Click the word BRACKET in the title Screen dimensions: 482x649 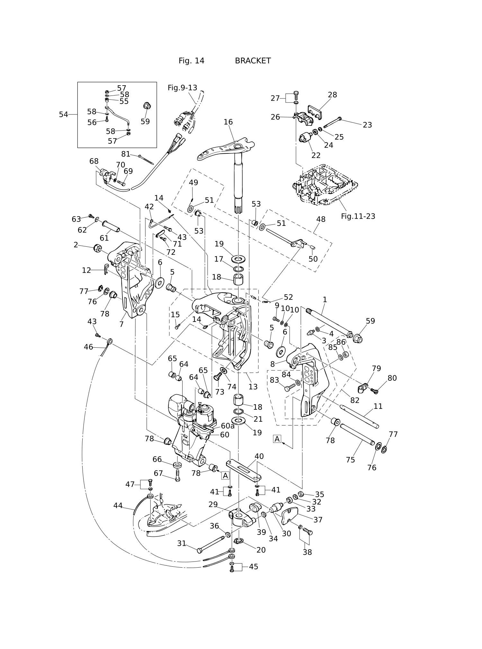[253, 61]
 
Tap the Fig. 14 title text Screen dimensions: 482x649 [191, 61]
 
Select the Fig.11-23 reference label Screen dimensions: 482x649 [358, 216]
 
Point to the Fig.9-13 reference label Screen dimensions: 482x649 [182, 88]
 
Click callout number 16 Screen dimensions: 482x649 [228, 122]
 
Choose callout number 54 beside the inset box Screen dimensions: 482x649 [63, 114]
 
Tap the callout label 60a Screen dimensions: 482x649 [228, 426]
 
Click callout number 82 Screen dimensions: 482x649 [355, 400]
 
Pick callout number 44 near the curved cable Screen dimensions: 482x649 [118, 506]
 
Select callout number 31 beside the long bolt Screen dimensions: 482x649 [182, 543]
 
